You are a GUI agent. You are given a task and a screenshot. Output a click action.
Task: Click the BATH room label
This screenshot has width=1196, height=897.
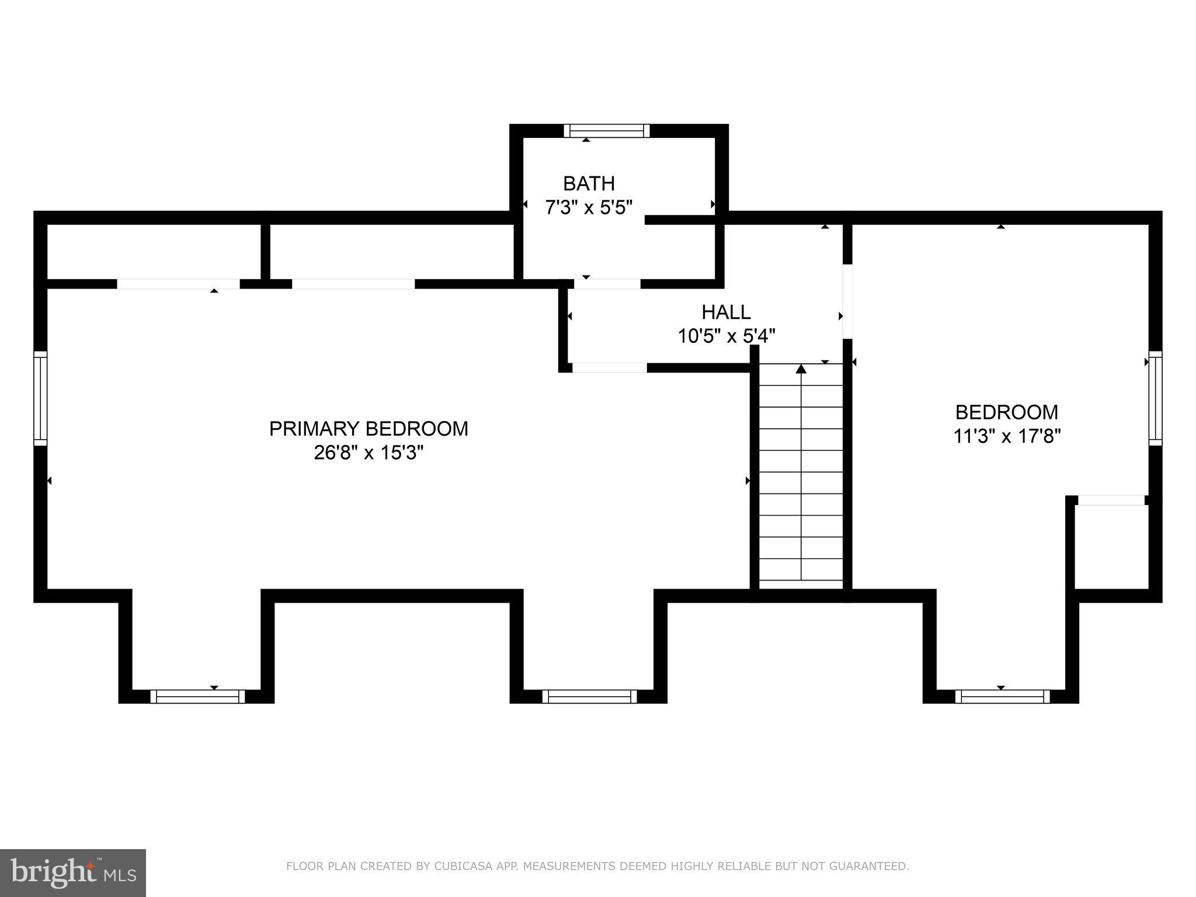[x=589, y=183]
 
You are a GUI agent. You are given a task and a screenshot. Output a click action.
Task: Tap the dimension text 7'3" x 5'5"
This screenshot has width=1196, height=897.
[x=589, y=207]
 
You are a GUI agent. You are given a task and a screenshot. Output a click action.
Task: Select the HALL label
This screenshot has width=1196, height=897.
[x=726, y=312]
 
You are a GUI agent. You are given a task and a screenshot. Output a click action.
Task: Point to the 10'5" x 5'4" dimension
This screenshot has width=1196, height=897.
[x=726, y=336]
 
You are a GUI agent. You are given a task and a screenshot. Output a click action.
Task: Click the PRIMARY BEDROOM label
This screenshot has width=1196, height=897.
[x=368, y=429]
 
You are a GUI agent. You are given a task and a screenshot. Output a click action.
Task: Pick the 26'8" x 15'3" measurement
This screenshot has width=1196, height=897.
[x=368, y=453]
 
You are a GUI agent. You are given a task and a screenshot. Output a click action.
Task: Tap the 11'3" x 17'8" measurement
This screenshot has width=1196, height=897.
[x=1007, y=436]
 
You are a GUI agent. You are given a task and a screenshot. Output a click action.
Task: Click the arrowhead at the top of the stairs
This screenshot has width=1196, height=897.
[x=801, y=369]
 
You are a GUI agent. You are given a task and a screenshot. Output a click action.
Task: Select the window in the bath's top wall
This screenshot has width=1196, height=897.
[x=607, y=131]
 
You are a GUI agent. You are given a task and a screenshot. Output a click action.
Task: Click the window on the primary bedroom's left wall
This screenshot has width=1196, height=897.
[x=40, y=398]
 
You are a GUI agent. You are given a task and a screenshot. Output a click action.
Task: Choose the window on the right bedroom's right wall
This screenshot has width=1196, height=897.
[x=1156, y=398]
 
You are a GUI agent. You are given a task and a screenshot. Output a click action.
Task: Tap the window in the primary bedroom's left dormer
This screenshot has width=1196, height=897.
[x=198, y=697]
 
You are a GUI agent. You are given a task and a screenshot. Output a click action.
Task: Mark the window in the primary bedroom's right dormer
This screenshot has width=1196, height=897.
[x=590, y=697]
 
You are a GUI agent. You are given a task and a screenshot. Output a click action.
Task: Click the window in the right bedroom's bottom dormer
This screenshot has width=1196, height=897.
[x=1003, y=697]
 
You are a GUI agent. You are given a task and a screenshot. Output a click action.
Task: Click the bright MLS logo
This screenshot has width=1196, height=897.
[x=73, y=873]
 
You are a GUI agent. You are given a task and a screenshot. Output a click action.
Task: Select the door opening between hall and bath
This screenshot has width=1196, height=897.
[x=607, y=284]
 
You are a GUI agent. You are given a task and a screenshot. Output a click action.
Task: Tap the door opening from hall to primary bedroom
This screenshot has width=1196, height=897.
[x=610, y=368]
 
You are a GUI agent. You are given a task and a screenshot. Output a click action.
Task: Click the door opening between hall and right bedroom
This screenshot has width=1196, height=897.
[x=847, y=301]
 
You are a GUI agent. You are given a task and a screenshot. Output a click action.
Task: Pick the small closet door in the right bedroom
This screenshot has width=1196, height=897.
[x=1111, y=500]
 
